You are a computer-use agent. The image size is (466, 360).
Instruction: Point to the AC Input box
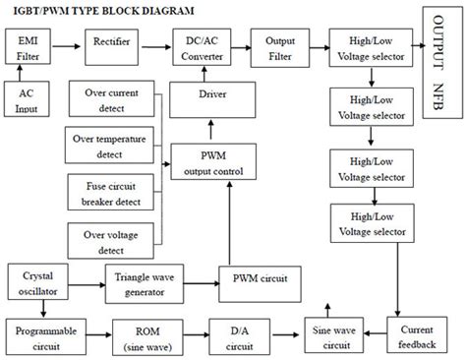pos(28,98)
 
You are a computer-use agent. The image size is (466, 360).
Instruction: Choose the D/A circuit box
pos(232,334)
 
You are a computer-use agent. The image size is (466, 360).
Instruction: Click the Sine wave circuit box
pos(332,334)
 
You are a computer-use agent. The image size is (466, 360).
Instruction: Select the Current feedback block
pos(423,334)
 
